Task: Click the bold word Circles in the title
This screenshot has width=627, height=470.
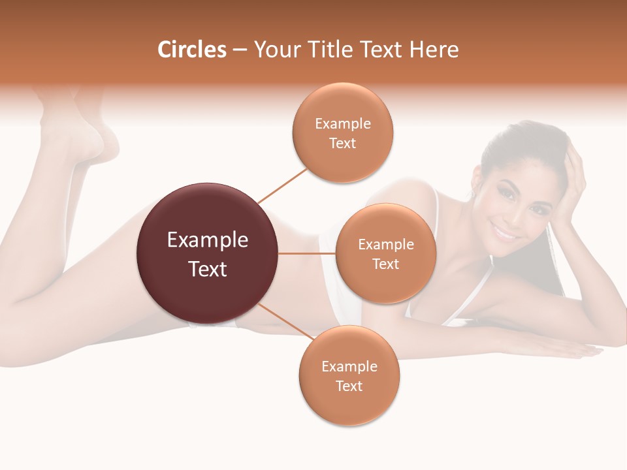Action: click(x=192, y=50)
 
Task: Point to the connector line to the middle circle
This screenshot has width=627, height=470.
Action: click(x=306, y=253)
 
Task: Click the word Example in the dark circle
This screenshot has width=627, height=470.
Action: click(x=207, y=240)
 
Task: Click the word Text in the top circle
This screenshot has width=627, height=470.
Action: click(x=342, y=144)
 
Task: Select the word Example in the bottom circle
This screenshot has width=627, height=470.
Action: click(x=349, y=367)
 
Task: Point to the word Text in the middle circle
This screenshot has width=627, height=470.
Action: click(x=385, y=264)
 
